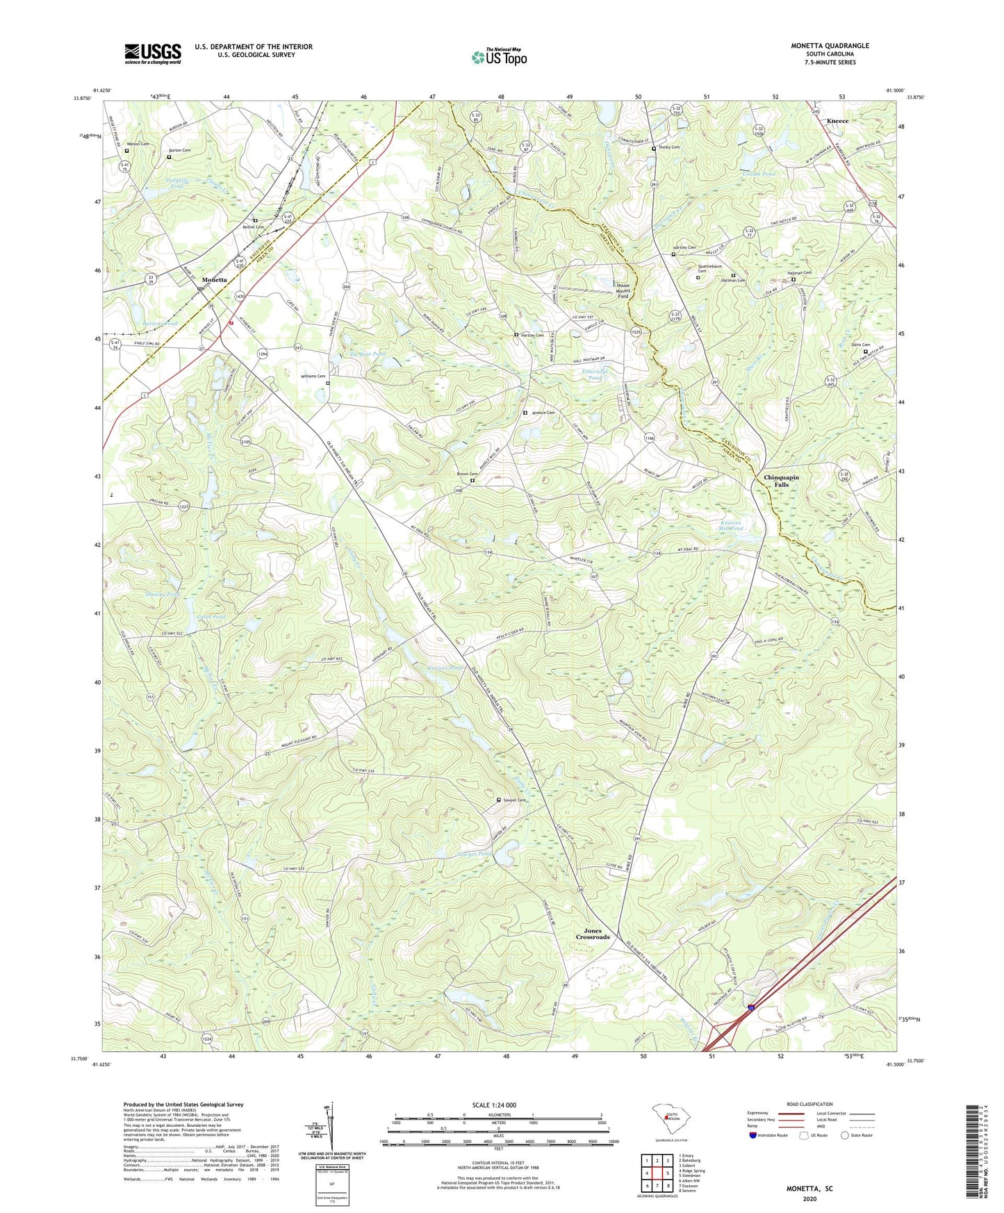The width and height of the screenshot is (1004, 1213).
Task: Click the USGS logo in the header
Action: click(153, 53)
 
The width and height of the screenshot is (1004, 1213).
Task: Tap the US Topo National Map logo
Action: click(499, 57)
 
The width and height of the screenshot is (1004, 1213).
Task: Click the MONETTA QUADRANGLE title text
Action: click(830, 46)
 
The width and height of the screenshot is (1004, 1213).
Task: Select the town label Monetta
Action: click(214, 279)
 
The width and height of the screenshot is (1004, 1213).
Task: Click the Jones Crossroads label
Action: click(592, 934)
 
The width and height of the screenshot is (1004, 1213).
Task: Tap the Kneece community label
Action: click(837, 121)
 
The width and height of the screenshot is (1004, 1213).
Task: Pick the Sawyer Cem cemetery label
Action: click(513, 800)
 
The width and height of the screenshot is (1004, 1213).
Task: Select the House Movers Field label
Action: click(623, 290)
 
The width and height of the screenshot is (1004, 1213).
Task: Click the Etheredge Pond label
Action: click(595, 374)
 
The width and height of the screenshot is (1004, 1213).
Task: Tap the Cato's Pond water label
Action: click(212, 617)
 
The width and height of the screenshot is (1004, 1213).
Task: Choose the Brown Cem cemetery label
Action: click(466, 475)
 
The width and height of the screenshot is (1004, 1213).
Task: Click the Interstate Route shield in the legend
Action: click(754, 1135)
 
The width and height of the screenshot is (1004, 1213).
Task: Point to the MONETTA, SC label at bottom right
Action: click(809, 1189)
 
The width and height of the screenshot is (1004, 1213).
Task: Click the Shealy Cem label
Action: click(669, 147)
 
